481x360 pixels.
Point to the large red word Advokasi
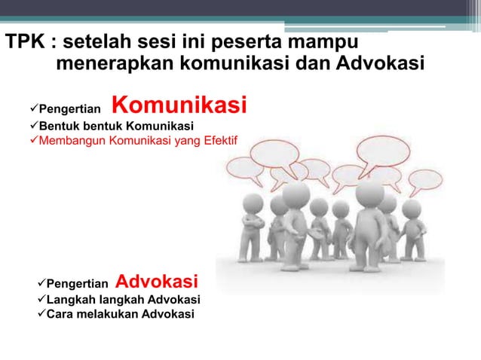(157, 282)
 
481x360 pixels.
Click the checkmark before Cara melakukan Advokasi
(41, 313)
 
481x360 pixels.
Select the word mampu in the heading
(312, 41)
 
